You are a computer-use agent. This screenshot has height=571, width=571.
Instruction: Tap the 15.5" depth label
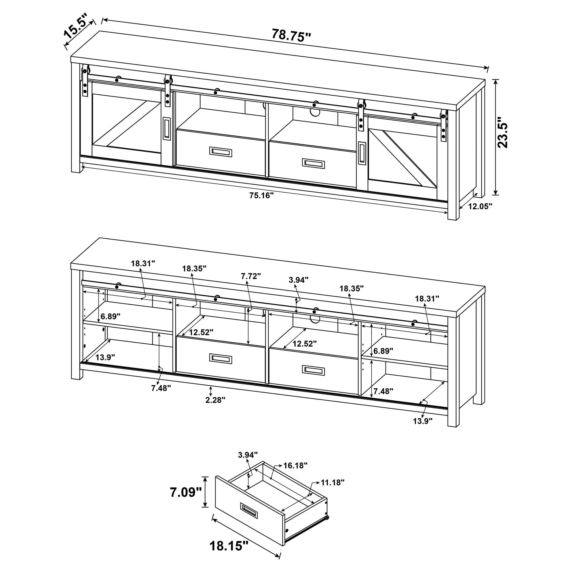[x=76, y=26]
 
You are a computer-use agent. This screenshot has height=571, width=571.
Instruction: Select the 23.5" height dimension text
[x=502, y=132]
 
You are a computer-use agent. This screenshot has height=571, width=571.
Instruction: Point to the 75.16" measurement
[x=262, y=195]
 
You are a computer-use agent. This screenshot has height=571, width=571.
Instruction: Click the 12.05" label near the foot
[x=480, y=206]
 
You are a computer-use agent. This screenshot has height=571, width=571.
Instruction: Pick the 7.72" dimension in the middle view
[x=251, y=276]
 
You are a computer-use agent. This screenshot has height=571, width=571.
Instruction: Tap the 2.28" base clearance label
[x=216, y=400]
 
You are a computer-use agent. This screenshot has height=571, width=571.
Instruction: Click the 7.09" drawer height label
[x=186, y=492]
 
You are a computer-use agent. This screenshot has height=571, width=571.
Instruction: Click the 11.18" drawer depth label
[x=333, y=483]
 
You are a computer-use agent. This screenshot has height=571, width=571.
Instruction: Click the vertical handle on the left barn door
[x=166, y=128]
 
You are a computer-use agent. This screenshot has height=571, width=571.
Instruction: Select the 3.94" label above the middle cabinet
[x=299, y=280]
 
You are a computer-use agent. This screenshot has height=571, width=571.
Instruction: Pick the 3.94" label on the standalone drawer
[x=248, y=454]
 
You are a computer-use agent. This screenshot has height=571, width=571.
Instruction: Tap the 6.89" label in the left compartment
[x=110, y=316]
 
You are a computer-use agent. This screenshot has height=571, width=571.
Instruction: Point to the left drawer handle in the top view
[x=221, y=152]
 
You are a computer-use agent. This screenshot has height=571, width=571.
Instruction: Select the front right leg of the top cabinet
[x=453, y=211]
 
